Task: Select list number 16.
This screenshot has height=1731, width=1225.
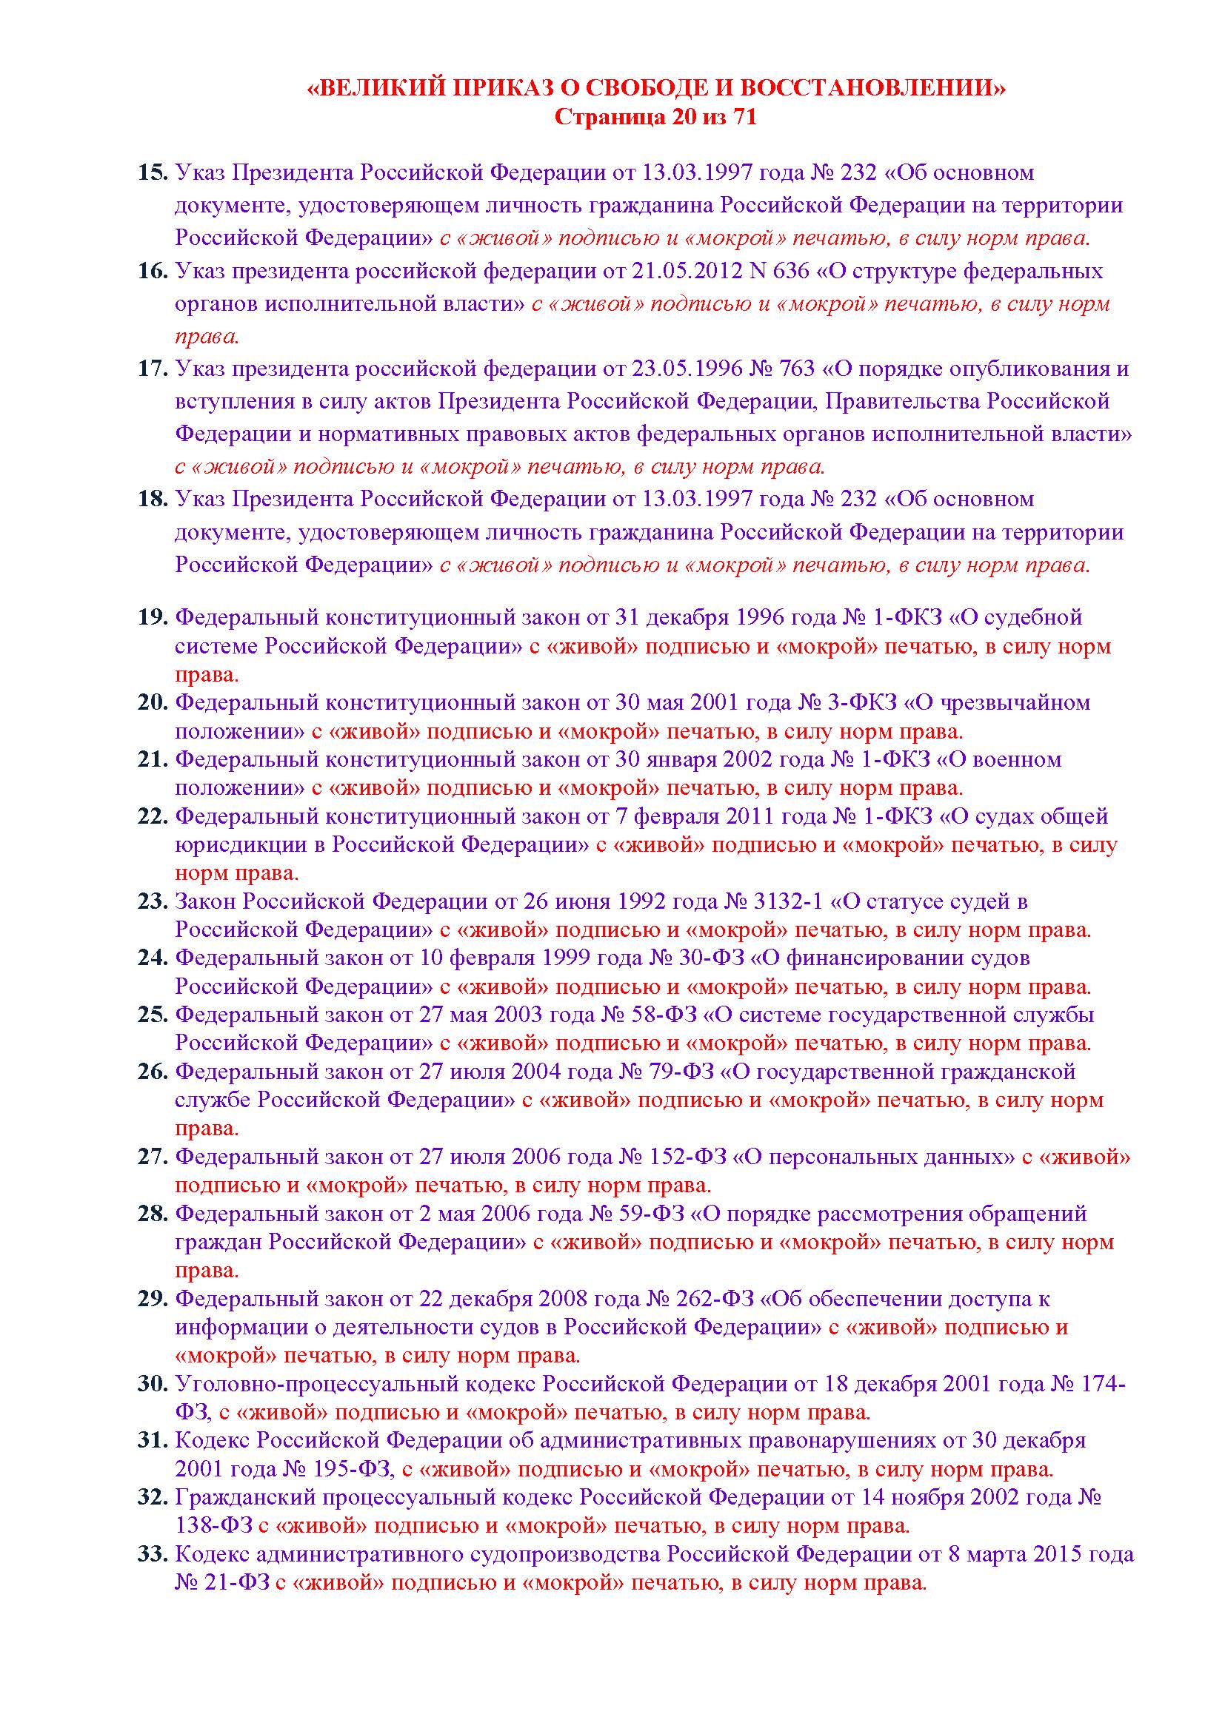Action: (x=152, y=271)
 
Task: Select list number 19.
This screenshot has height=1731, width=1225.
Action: (x=152, y=617)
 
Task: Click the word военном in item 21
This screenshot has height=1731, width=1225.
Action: (x=1017, y=759)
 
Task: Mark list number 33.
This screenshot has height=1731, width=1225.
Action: (x=152, y=1555)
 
